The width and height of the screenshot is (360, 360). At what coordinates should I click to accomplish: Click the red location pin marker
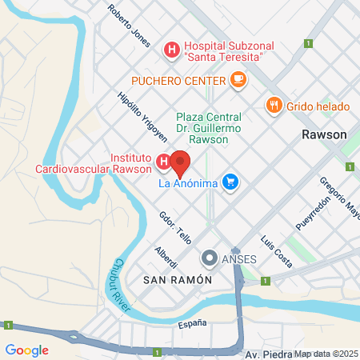[x=180, y=163]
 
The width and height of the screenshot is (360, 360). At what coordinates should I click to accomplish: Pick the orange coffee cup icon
[x=238, y=79]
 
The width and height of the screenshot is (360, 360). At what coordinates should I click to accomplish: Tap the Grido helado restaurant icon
[x=274, y=106]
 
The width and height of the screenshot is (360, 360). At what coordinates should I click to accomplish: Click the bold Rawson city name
[x=324, y=134]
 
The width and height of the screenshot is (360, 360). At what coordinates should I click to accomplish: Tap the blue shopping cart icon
[x=230, y=183]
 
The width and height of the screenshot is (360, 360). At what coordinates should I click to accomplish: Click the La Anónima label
[x=188, y=184]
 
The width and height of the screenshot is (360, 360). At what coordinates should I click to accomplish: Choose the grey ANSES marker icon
[x=210, y=258]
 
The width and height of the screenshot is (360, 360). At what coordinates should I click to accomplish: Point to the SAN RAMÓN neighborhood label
[x=177, y=281]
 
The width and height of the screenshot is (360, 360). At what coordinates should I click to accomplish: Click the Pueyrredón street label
[x=311, y=216]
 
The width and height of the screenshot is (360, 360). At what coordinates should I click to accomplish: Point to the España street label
[x=192, y=323]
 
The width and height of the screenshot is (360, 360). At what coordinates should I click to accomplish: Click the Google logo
[x=26, y=350]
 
